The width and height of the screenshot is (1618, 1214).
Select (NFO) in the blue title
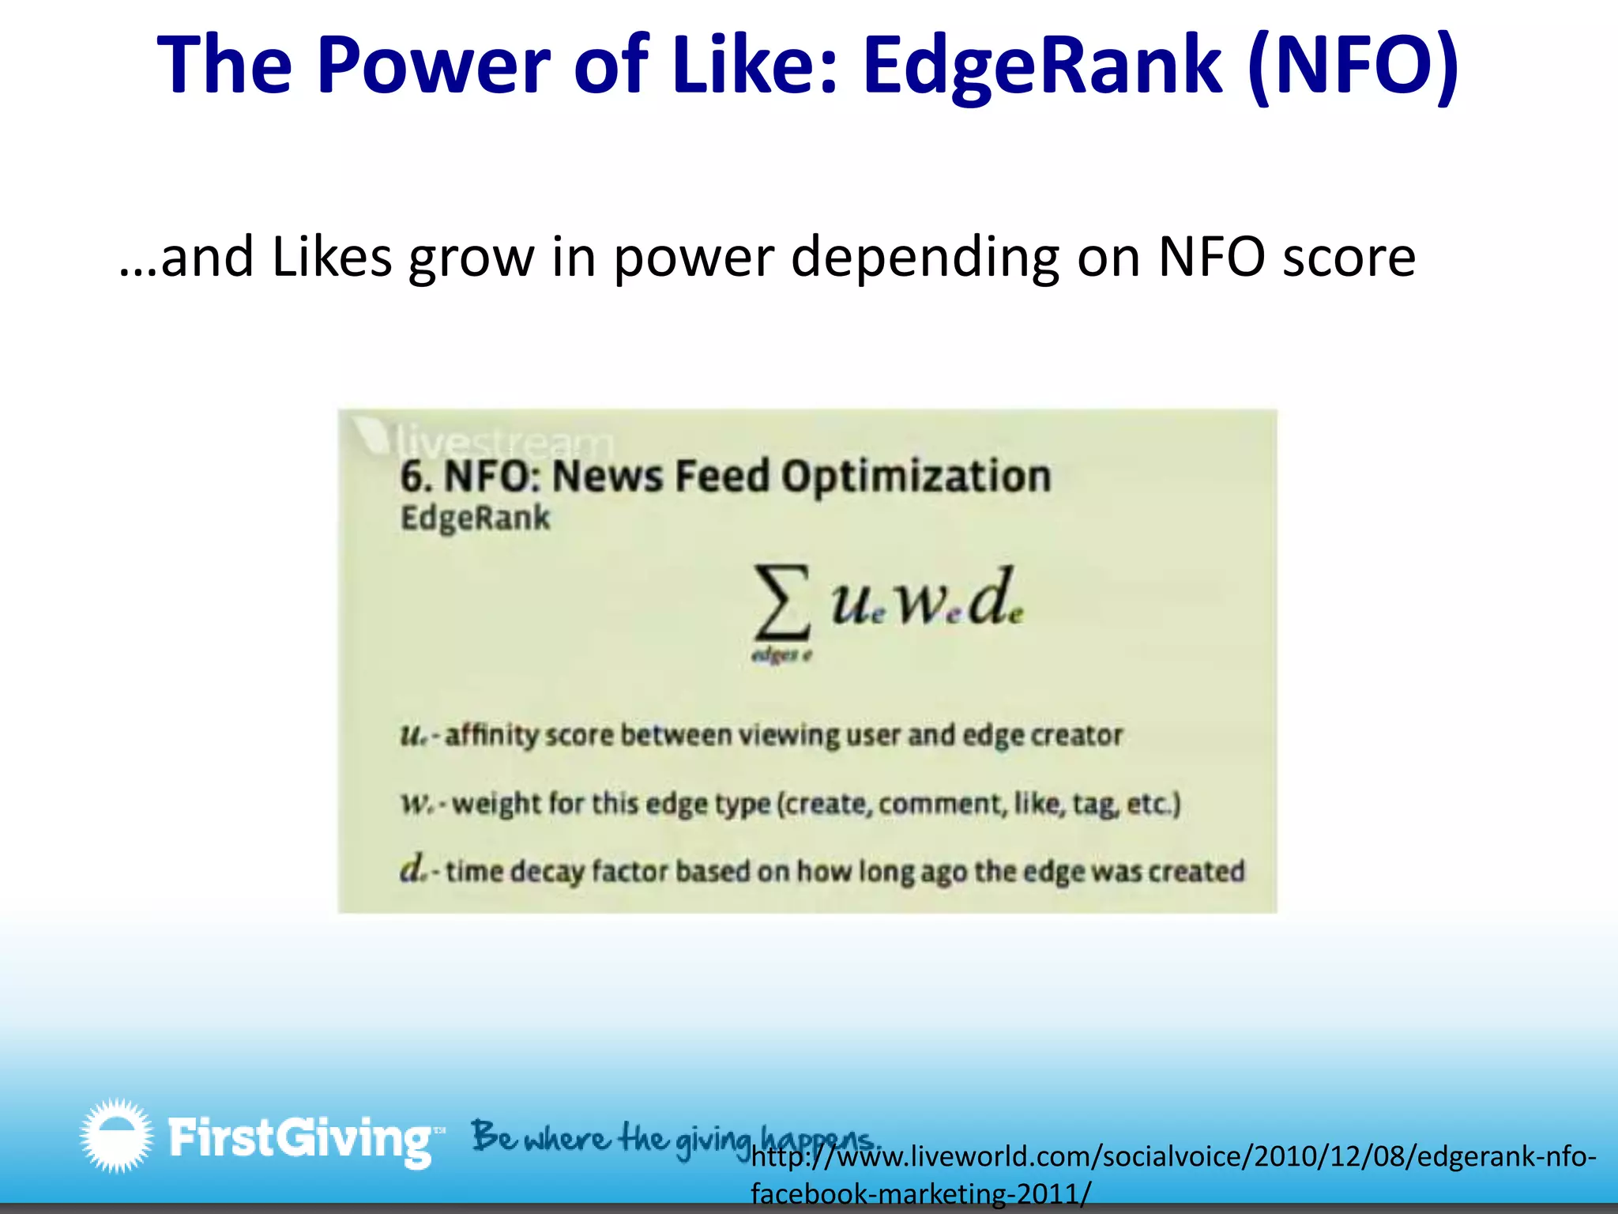click(1353, 66)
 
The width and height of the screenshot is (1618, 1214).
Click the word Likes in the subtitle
click(332, 258)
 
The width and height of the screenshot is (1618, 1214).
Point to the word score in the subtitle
click(1349, 259)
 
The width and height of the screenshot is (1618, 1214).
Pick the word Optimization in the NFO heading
click(916, 477)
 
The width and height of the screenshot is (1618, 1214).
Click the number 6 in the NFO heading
click(412, 477)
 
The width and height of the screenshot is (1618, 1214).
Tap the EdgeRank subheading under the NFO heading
click(475, 518)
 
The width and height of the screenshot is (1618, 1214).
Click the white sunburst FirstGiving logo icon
click(116, 1135)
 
